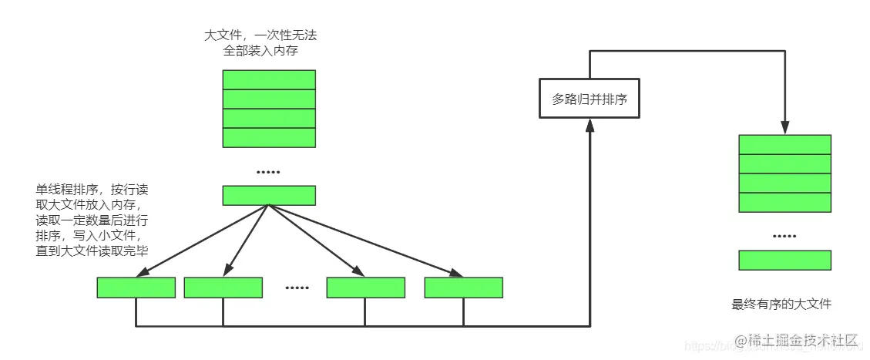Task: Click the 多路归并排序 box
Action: [590, 99]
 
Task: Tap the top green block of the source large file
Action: [269, 79]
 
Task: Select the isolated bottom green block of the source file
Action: [269, 195]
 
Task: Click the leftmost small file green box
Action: [136, 287]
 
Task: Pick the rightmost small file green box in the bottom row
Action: [463, 287]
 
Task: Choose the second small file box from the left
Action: [223, 287]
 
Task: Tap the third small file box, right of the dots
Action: [365, 287]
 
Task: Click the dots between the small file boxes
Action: [297, 288]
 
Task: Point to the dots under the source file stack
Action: [269, 171]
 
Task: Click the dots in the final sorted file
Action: [784, 236]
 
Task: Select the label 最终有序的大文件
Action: [781, 304]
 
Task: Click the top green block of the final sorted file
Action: [784, 144]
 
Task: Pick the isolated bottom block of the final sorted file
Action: [784, 260]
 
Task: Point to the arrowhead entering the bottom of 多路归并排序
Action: [590, 124]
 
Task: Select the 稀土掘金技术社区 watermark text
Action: [797, 340]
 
